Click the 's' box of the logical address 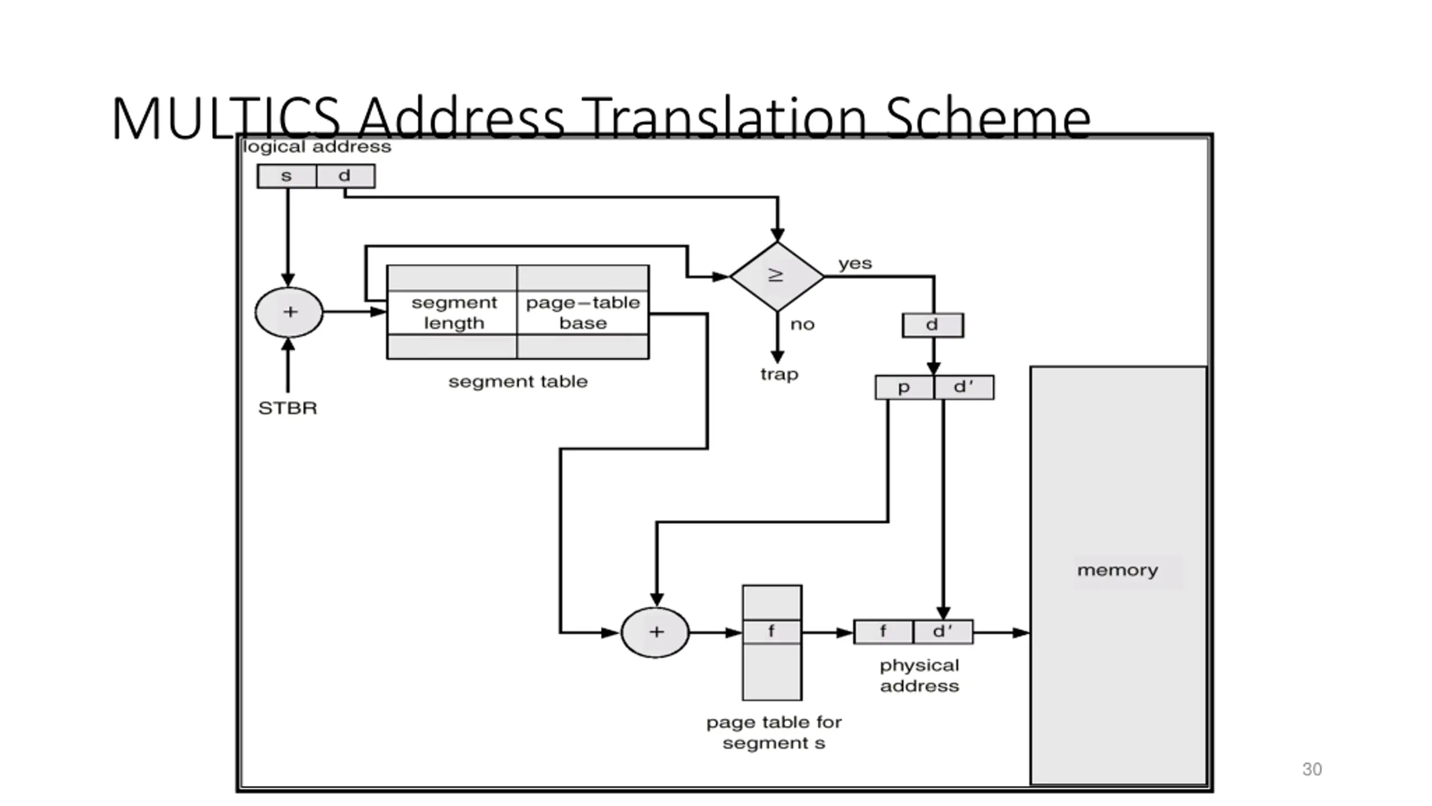click(287, 176)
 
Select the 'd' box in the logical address click(346, 176)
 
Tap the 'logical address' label click(317, 147)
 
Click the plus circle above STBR click(289, 312)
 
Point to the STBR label click(288, 409)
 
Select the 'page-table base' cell click(583, 313)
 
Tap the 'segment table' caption click(518, 382)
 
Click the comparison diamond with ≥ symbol click(777, 277)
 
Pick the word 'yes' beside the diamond click(855, 264)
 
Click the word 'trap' click(779, 374)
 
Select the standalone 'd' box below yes click(933, 325)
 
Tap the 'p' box click(905, 387)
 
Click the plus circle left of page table click(655, 632)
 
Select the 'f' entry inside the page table click(772, 632)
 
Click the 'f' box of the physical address click(884, 632)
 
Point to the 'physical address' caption click(920, 676)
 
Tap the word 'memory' click(1118, 571)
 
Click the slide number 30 click(1312, 770)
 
